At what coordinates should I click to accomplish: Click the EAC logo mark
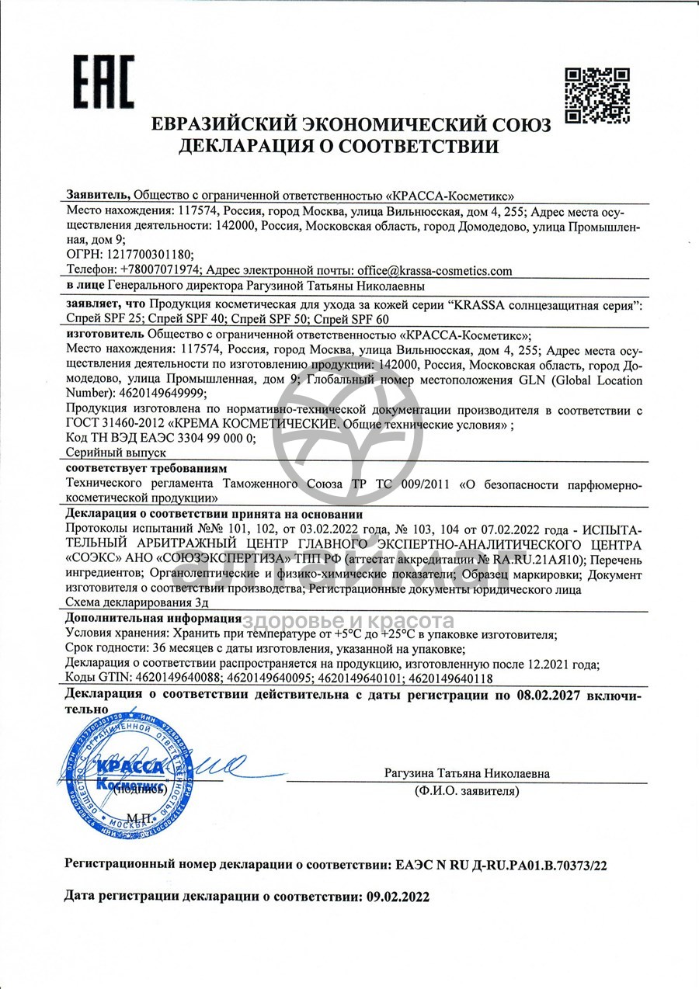[104, 84]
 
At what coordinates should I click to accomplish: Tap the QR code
[596, 95]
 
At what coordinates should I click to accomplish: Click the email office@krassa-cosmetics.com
[434, 270]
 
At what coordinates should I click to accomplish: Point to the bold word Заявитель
[98, 195]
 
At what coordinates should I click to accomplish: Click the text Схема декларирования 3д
[136, 602]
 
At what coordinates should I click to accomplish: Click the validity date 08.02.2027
[552, 695]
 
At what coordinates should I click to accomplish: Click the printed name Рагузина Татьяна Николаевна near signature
[466, 774]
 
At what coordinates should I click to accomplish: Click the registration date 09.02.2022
[396, 895]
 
